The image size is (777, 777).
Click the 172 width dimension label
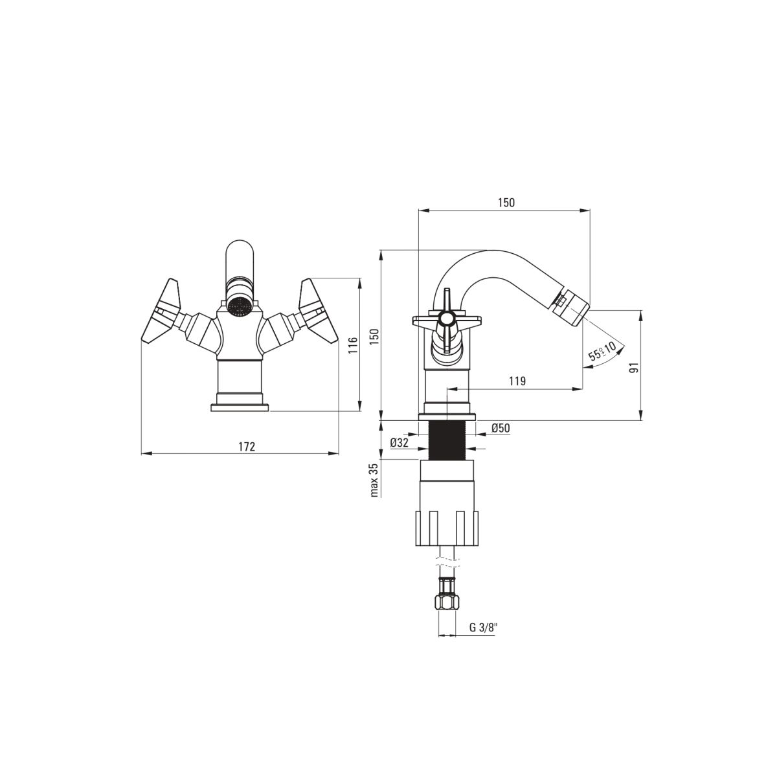tap(246, 446)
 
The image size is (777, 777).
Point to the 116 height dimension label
tap(353, 345)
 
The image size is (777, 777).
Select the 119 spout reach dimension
tap(517, 381)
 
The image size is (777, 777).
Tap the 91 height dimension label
tap(634, 367)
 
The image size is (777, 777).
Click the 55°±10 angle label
tap(602, 351)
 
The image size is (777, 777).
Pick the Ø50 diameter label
tap(501, 428)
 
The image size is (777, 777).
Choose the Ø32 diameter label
tap(400, 443)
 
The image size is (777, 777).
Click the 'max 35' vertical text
tap(374, 480)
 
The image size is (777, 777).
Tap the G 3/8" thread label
tap(484, 627)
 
